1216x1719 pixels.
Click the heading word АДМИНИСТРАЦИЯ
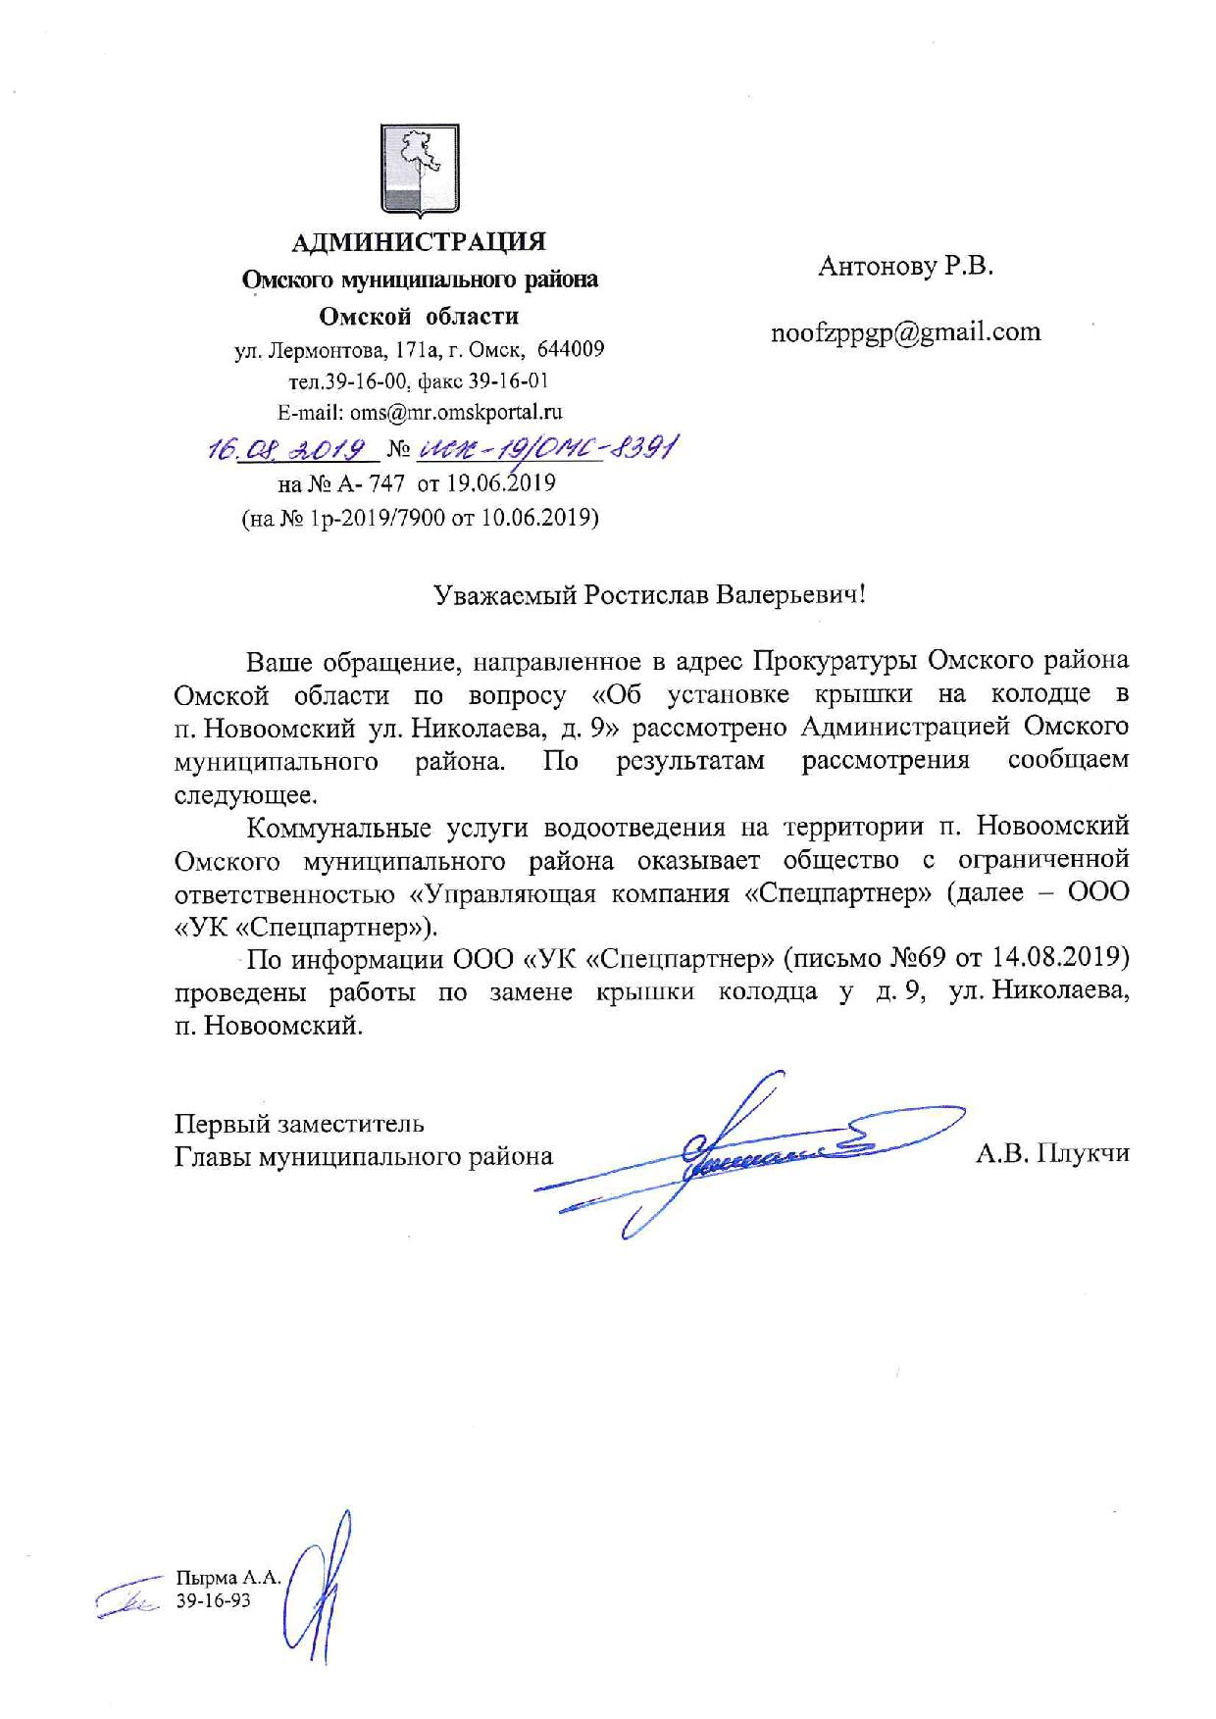pos(420,241)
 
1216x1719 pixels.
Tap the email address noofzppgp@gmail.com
pos(905,332)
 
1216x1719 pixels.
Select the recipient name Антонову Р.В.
pos(905,266)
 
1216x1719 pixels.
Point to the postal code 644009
pos(574,349)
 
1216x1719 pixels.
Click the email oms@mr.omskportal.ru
pos(456,413)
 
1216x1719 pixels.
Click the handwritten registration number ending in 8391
pos(547,449)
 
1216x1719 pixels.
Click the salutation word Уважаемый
pos(506,594)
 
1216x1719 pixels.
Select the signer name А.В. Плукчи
pos(1051,1154)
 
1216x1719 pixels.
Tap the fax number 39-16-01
pos(513,381)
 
